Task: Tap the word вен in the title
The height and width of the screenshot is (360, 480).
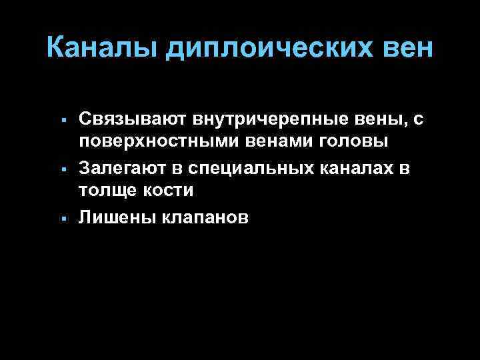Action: pos(407,48)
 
